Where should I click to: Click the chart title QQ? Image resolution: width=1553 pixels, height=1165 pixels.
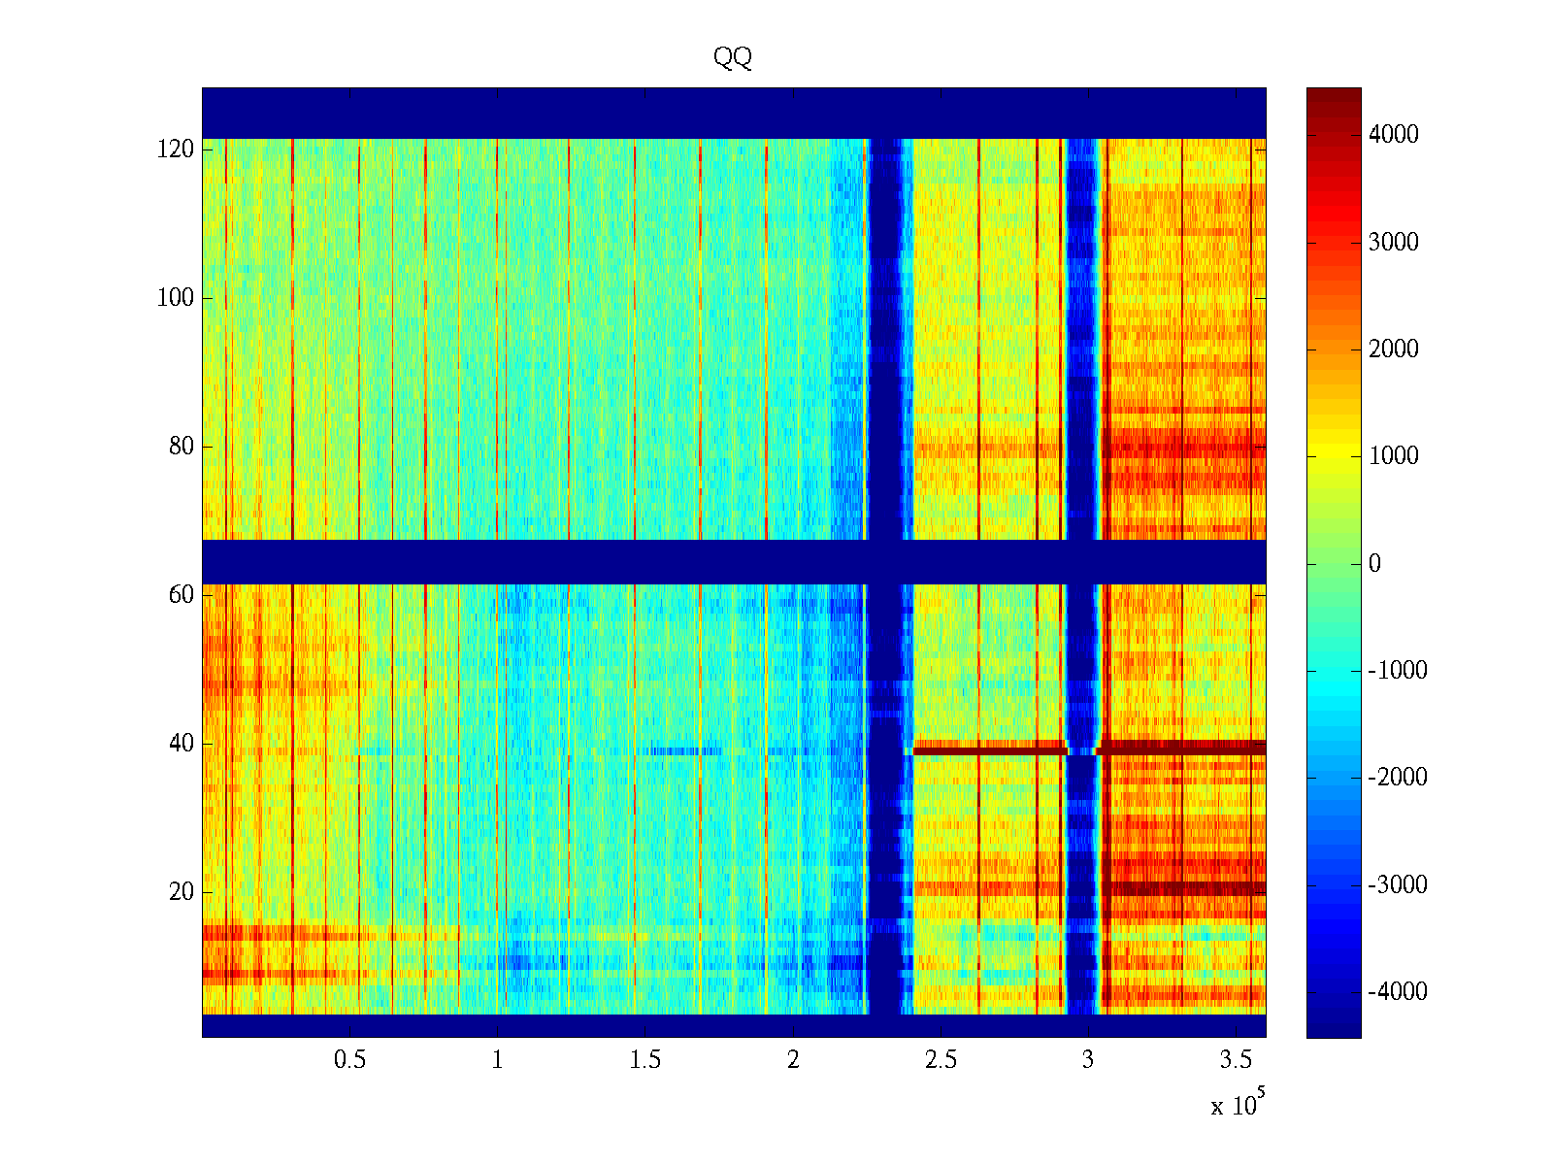tap(733, 58)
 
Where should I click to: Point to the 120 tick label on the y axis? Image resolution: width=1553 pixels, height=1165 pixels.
tap(176, 150)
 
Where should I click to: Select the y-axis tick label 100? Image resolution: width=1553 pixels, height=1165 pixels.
tap(176, 298)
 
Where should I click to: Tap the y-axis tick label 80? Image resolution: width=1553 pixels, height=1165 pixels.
tap(182, 447)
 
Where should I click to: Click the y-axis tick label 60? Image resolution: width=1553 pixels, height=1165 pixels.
tap(182, 595)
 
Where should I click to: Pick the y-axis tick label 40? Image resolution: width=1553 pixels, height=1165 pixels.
tap(182, 744)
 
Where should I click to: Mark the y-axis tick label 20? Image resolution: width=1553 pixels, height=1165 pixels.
tap(182, 892)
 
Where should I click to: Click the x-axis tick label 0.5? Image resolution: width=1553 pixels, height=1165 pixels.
tap(349, 1060)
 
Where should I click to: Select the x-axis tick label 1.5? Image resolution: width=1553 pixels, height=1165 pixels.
tap(644, 1060)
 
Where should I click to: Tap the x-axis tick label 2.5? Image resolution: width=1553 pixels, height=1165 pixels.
tap(941, 1060)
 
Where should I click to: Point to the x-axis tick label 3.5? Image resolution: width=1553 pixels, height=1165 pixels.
tap(1236, 1060)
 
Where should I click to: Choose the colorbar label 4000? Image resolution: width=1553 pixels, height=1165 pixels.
tap(1394, 135)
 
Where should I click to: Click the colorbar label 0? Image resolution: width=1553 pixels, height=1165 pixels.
tap(1374, 564)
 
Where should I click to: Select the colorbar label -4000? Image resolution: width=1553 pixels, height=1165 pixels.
tap(1398, 992)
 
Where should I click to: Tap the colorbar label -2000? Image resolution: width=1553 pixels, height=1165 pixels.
tap(1398, 778)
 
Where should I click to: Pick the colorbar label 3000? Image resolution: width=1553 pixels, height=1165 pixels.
tap(1394, 243)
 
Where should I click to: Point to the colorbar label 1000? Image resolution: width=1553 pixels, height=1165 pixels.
tap(1394, 456)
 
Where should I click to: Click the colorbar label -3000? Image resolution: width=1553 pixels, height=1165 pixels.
tap(1398, 885)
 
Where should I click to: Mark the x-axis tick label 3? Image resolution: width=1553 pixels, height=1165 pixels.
tap(1088, 1060)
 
